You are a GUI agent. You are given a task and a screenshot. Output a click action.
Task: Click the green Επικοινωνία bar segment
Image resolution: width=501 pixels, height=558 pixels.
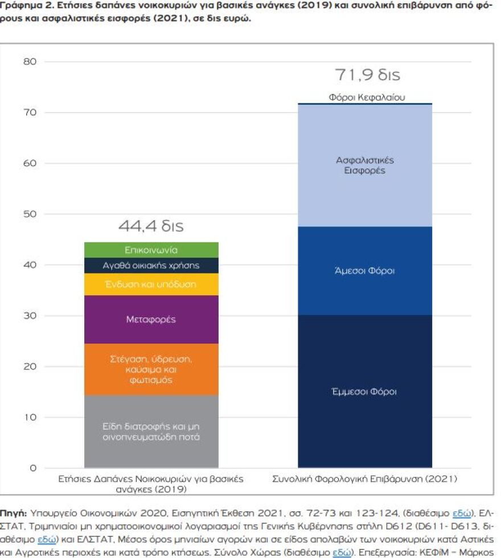[x=151, y=250]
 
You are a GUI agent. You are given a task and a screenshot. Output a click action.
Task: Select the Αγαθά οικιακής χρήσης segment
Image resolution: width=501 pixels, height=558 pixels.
[x=151, y=266]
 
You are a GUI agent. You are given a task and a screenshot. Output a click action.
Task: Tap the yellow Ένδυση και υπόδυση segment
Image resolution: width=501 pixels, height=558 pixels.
[x=151, y=284]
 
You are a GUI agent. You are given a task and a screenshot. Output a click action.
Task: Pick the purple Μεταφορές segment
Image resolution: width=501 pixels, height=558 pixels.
[x=151, y=319]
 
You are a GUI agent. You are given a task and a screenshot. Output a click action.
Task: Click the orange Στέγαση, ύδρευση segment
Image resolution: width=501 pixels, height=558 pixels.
[x=151, y=369]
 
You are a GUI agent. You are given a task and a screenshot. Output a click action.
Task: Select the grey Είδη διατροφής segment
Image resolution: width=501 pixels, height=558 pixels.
[x=151, y=431]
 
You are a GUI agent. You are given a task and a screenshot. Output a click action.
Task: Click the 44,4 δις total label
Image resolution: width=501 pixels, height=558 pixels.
[x=151, y=226]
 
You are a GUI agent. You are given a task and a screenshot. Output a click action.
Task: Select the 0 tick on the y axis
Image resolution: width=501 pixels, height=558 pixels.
[x=32, y=468]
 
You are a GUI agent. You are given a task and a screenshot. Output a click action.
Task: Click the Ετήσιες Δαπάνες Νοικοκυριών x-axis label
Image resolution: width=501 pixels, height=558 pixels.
[x=151, y=484]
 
